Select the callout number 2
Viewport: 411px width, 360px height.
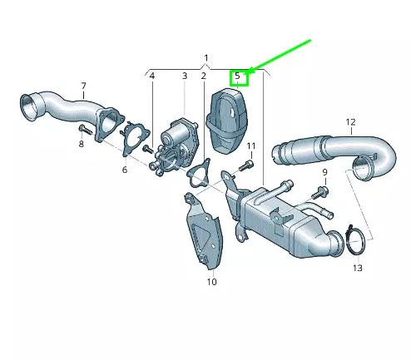tap(202, 76)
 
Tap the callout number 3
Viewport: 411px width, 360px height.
tap(184, 76)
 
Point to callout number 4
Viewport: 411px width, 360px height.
tap(151, 76)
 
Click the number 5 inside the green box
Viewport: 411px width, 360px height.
tap(238, 76)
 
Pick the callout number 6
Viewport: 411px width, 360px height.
tap(124, 170)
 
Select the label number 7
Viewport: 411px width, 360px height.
tap(83, 86)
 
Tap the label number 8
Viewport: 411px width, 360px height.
tap(81, 145)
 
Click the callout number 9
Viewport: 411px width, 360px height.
tap(325, 172)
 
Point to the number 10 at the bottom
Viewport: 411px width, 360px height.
tap(211, 283)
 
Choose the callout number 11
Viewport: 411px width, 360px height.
tap(250, 146)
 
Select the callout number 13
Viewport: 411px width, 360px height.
tap(358, 268)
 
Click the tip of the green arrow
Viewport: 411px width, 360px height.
tap(250, 70)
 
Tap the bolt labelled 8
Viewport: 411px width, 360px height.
tap(84, 130)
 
